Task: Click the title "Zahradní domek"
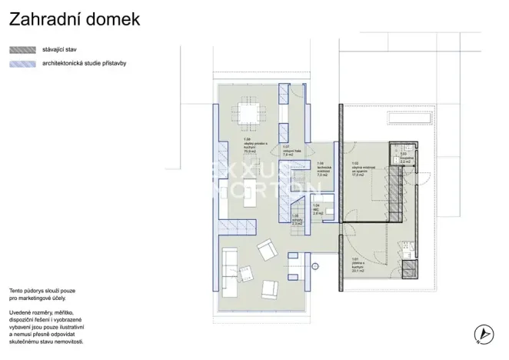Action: point(75,19)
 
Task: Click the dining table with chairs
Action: point(248,113)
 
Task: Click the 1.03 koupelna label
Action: point(406,159)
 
